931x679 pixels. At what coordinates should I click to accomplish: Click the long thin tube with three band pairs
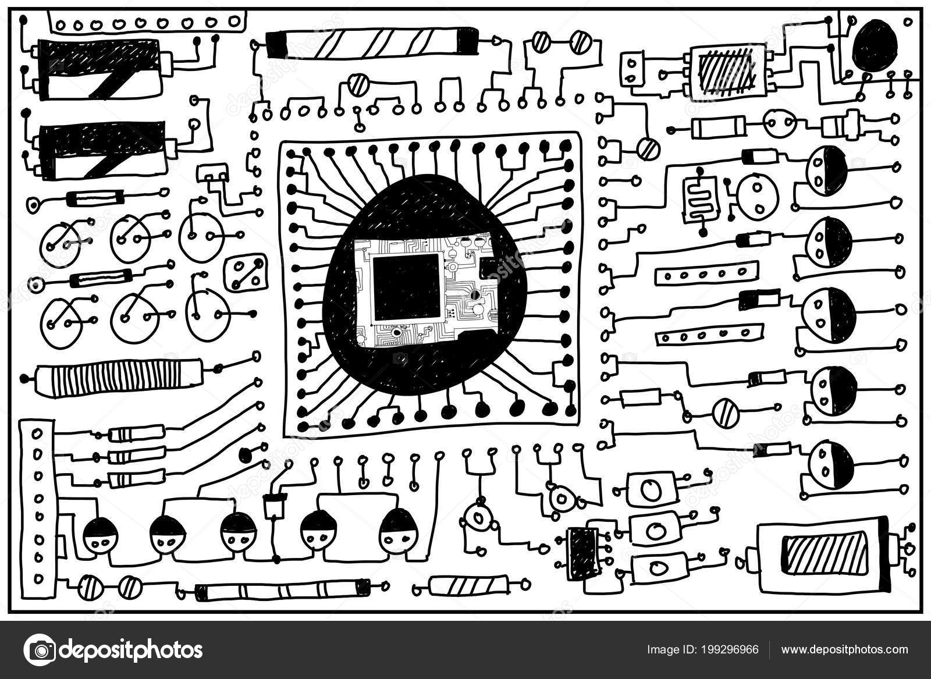[x=282, y=591]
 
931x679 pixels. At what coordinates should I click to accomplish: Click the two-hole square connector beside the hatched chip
[x=633, y=70]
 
